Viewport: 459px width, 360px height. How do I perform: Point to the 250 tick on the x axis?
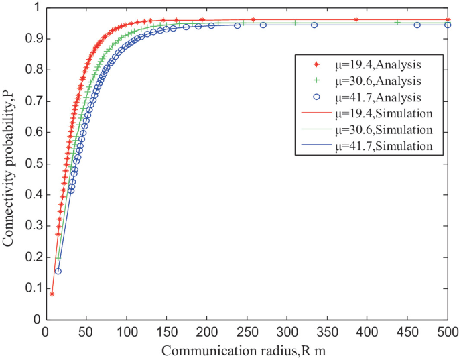(x=247, y=331)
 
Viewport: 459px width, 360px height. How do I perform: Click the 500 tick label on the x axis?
(x=447, y=331)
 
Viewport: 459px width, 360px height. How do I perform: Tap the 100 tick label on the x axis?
(x=126, y=331)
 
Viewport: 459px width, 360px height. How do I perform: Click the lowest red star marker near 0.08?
(x=52, y=294)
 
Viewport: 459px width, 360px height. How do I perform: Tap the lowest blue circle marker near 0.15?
(x=58, y=271)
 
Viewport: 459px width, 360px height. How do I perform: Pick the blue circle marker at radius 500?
(x=448, y=25)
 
